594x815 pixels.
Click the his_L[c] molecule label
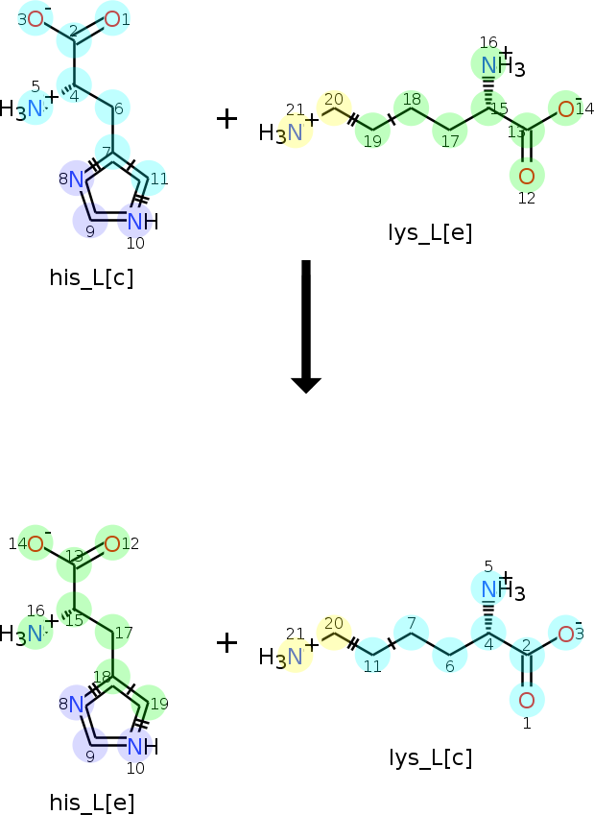(x=91, y=277)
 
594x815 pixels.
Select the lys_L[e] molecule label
(x=430, y=232)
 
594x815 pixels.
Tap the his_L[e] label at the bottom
(x=91, y=802)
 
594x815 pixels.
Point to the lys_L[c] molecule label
(x=430, y=757)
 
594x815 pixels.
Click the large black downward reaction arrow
(x=306, y=326)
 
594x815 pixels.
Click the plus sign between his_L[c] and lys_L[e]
(x=226, y=119)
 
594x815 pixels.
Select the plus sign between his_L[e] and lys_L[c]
(x=226, y=643)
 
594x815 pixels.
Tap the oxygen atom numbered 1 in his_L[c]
(x=112, y=19)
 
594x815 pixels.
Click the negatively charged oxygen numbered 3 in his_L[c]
(x=36, y=19)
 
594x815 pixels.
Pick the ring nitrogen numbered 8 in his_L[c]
(x=77, y=180)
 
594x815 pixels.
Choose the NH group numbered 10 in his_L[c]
(x=142, y=222)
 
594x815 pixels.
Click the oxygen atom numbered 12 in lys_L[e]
(x=527, y=177)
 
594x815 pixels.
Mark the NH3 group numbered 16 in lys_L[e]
(x=503, y=66)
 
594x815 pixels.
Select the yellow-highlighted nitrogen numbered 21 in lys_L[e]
(x=295, y=132)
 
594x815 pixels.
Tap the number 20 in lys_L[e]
(x=334, y=99)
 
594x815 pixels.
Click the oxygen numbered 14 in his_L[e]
(x=36, y=544)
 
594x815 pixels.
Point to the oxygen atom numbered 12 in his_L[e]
(x=112, y=544)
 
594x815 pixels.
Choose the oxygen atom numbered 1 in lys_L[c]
(x=527, y=701)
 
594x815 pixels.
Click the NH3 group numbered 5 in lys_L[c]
(x=503, y=590)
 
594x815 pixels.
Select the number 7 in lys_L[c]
(x=412, y=623)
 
